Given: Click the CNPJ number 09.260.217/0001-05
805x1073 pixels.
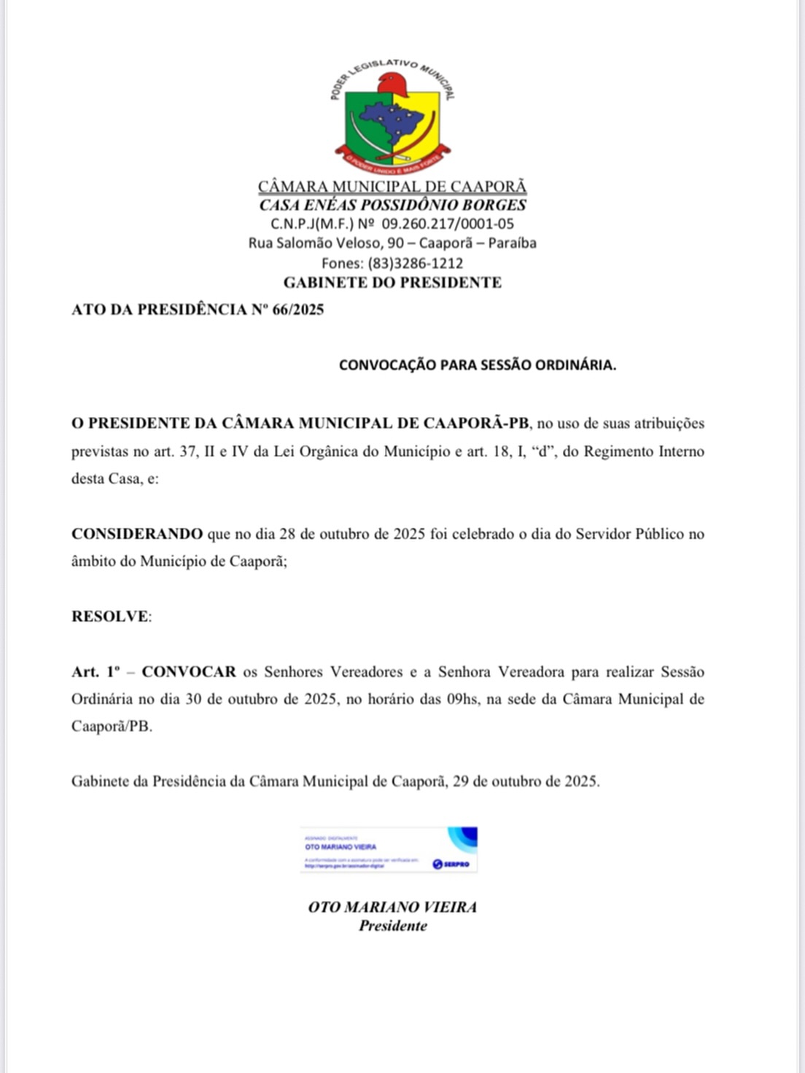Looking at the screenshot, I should pyautogui.click(x=448, y=224).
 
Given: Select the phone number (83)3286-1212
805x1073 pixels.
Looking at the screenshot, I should pyautogui.click(x=415, y=262).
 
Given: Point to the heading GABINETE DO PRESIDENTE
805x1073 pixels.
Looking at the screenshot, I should pyautogui.click(x=392, y=282).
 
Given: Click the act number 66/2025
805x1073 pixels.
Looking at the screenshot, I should pyautogui.click(x=297, y=309).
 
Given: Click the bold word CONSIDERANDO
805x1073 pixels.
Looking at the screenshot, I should pyautogui.click(x=137, y=534).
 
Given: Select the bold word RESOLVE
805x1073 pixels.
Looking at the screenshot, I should pyautogui.click(x=110, y=616).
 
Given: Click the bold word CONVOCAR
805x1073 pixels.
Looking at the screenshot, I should pyautogui.click(x=189, y=671).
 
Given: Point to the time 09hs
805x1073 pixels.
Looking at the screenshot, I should pyautogui.click(x=462, y=698).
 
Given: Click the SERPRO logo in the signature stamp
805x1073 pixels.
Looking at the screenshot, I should pyautogui.click(x=451, y=864).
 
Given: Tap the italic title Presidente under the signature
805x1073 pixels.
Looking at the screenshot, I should pyautogui.click(x=392, y=926).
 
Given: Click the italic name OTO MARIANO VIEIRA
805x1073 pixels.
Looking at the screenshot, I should pyautogui.click(x=392, y=907).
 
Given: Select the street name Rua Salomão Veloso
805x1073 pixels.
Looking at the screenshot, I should pyautogui.click(x=314, y=243).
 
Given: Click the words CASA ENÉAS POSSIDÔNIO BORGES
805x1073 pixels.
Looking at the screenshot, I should pyautogui.click(x=392, y=205).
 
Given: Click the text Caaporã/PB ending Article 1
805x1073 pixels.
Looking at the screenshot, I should pyautogui.click(x=112, y=726).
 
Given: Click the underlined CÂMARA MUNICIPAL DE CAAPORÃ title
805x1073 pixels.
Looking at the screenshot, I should pyautogui.click(x=392, y=187).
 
